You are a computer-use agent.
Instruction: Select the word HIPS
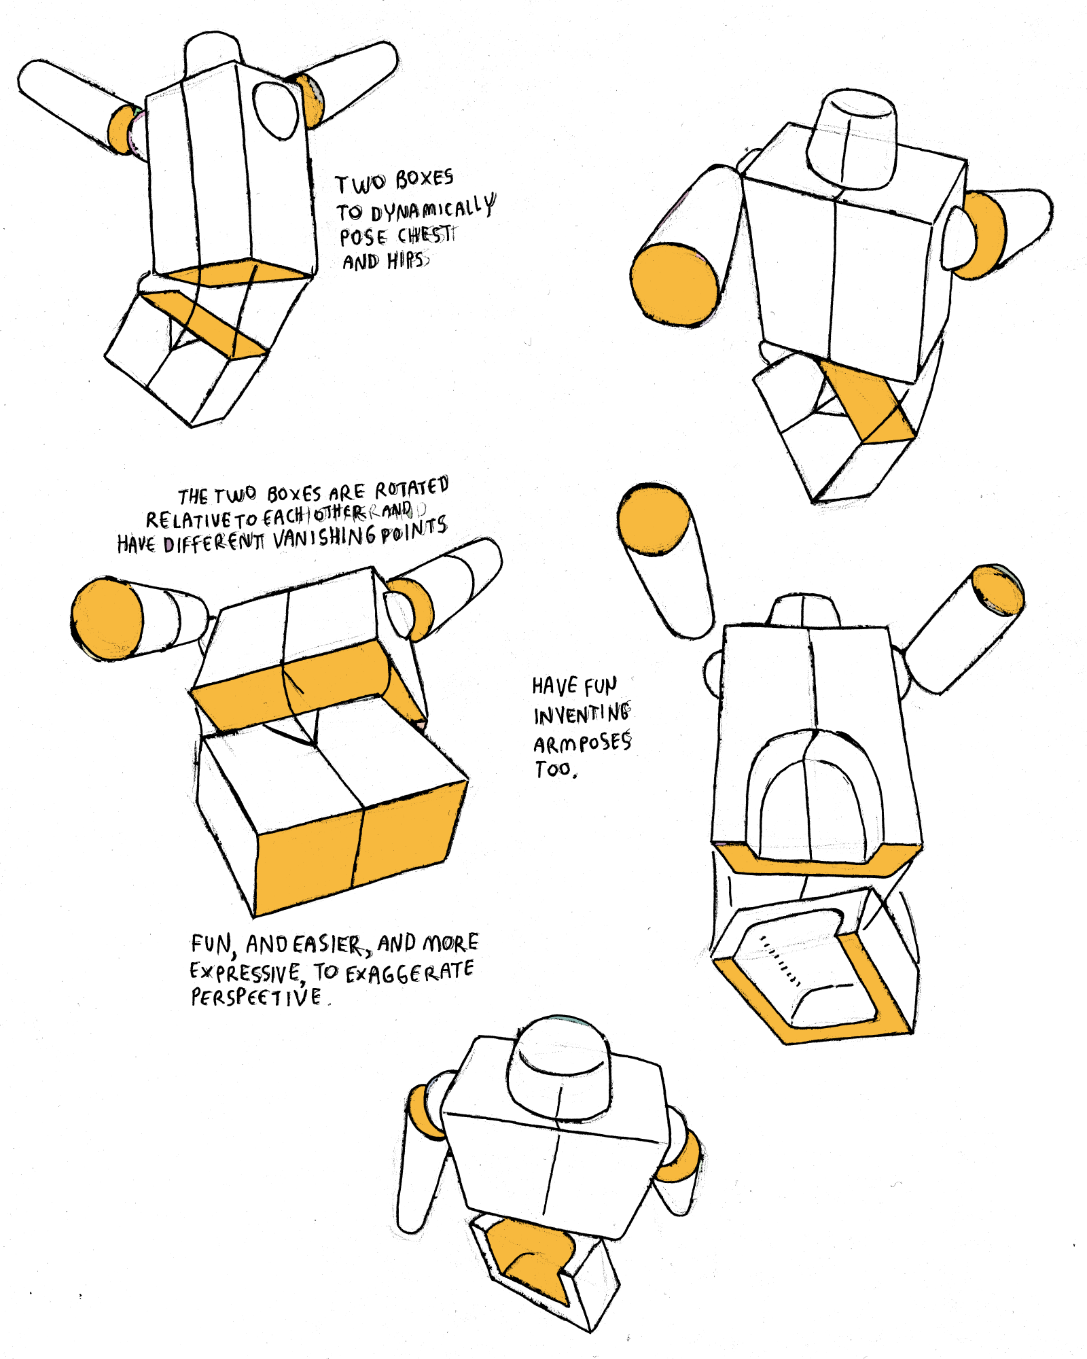click(x=407, y=260)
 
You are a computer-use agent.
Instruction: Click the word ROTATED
click(x=412, y=487)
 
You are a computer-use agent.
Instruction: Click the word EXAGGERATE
click(x=410, y=972)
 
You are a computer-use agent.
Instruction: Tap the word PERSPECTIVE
click(x=256, y=998)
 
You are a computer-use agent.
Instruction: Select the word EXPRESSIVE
click(x=245, y=972)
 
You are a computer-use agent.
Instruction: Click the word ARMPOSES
click(x=582, y=743)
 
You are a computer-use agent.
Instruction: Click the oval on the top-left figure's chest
click(x=276, y=111)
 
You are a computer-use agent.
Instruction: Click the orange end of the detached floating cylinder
click(x=654, y=520)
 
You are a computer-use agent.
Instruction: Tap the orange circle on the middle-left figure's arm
click(x=107, y=618)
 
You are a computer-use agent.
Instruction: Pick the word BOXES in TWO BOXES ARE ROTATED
click(x=293, y=493)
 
